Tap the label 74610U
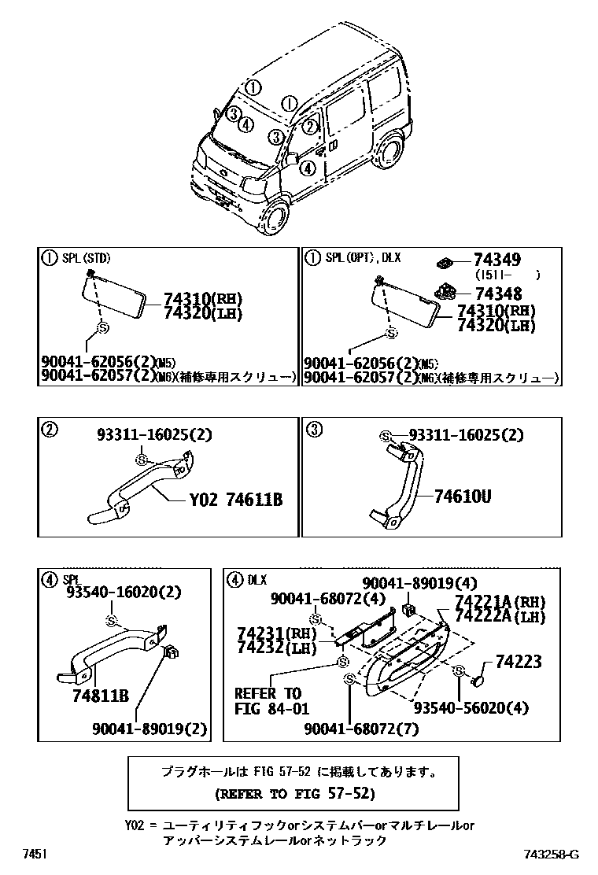click(463, 496)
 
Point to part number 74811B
click(100, 695)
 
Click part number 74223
click(518, 663)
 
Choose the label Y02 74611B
click(235, 500)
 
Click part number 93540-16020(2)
click(112, 592)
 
